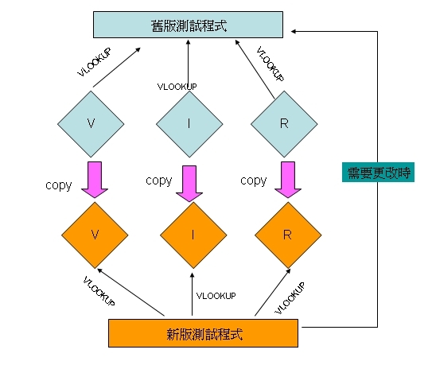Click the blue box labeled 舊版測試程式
[x=189, y=25]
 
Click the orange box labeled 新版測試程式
[x=204, y=333]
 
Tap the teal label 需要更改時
[x=378, y=173]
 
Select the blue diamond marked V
[x=91, y=124]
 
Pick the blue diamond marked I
[x=189, y=124]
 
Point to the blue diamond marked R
[x=284, y=124]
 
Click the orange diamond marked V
[x=95, y=235]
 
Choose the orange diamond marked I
[x=193, y=235]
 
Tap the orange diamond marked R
[x=288, y=235]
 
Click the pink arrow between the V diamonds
[x=95, y=180]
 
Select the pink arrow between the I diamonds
[x=189, y=184]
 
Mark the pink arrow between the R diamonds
[x=288, y=180]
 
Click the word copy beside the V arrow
[x=59, y=185]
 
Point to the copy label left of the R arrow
[x=254, y=181]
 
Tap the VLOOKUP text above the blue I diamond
[x=177, y=87]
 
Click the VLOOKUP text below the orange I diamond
[x=216, y=296]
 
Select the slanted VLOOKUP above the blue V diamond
[x=95, y=62]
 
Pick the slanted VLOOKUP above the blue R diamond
[x=270, y=64]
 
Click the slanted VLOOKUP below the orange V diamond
[x=99, y=291]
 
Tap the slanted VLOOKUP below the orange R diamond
[x=290, y=298]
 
